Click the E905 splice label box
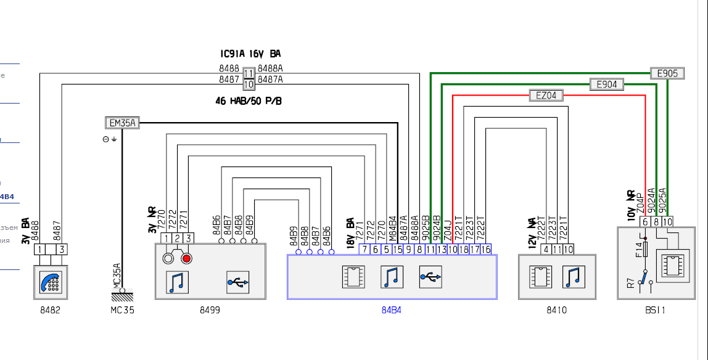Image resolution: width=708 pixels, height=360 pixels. pyautogui.click(x=667, y=73)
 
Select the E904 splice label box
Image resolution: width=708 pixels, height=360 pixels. pyautogui.click(x=607, y=85)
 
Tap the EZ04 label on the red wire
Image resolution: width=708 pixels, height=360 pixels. pyautogui.click(x=546, y=96)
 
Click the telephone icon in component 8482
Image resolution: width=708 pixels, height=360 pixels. pyautogui.click(x=51, y=280)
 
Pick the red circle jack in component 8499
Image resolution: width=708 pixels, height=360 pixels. pyautogui.click(x=186, y=258)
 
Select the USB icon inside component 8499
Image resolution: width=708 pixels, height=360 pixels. pyautogui.click(x=237, y=282)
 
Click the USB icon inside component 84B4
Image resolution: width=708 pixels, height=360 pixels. pyautogui.click(x=430, y=277)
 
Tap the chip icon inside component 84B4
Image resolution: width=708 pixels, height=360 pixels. pyautogui.click(x=353, y=277)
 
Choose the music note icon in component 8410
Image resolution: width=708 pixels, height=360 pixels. pyautogui.click(x=574, y=277)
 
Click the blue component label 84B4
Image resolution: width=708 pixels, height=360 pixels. pyautogui.click(x=391, y=310)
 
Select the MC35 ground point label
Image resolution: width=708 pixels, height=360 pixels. pyautogui.click(x=118, y=310)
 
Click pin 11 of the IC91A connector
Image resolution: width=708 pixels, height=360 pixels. pyautogui.click(x=249, y=73)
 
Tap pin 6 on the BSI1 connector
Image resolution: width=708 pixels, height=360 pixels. pyautogui.click(x=644, y=221)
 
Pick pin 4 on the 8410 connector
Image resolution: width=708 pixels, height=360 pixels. pyautogui.click(x=546, y=250)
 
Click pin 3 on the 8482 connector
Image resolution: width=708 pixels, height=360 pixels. pyautogui.click(x=62, y=250)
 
